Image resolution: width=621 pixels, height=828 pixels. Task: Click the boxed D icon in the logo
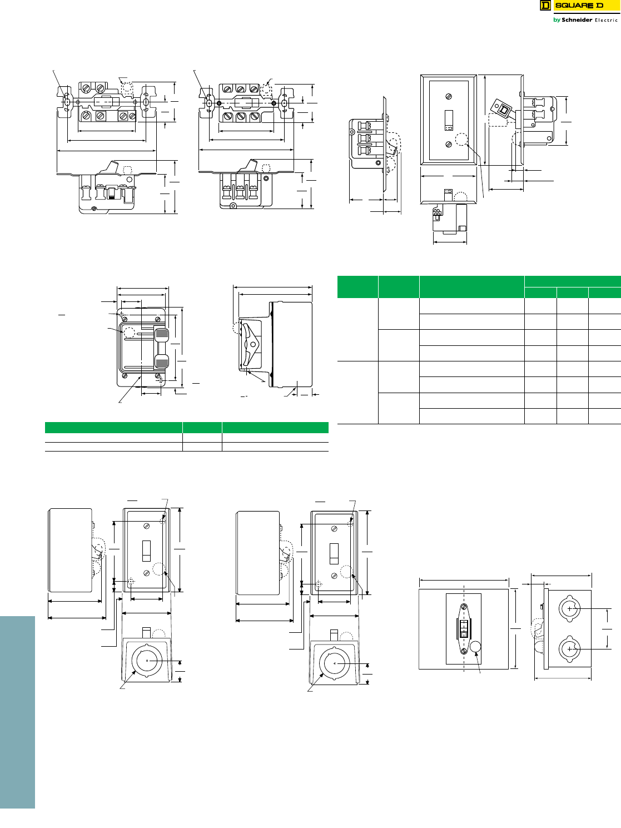545,6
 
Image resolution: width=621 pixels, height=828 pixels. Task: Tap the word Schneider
577,20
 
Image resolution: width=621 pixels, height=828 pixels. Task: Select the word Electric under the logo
607,21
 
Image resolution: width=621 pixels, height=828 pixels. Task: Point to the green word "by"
557,21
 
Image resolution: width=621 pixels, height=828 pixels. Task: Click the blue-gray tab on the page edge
17,712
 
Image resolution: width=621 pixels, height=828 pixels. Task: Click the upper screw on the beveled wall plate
449,97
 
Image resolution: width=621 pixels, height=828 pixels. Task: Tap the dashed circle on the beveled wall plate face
461,140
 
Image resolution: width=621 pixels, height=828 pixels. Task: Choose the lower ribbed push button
161,361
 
